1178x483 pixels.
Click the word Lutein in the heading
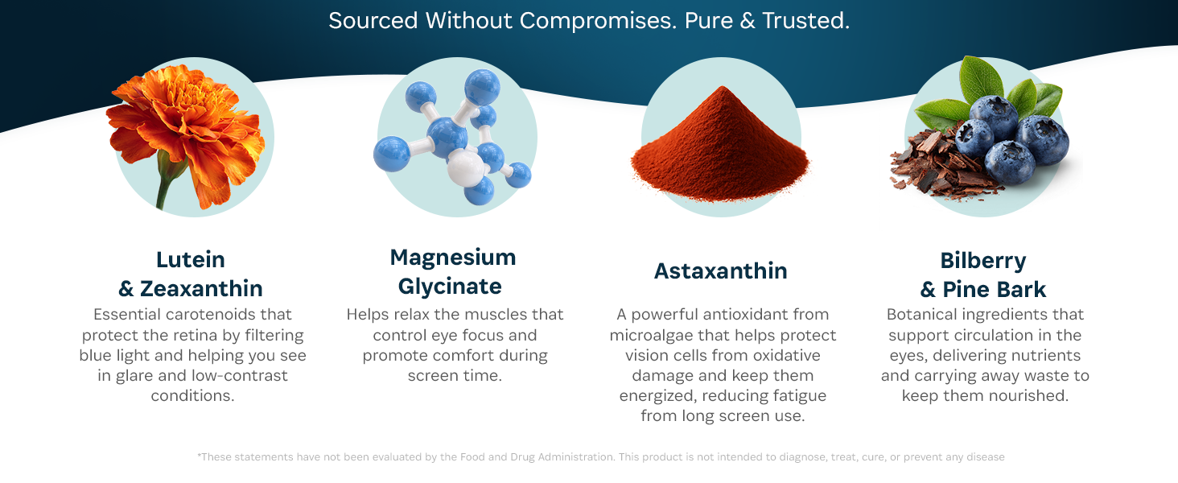[x=191, y=260]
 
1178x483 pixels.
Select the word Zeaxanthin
[x=201, y=289]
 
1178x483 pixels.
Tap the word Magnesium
[x=453, y=258]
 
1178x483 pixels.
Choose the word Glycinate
[x=450, y=287]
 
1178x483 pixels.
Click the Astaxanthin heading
[x=720, y=271]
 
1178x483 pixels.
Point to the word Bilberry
[x=983, y=262]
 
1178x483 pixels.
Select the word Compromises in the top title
[x=597, y=22]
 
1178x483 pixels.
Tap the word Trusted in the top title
[x=805, y=20]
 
